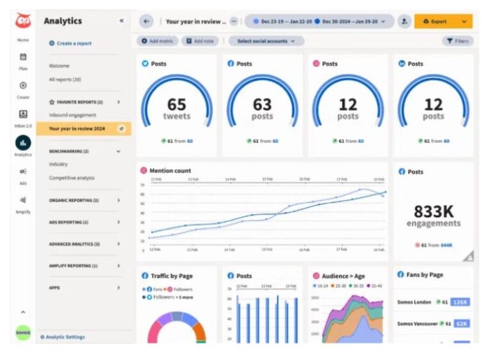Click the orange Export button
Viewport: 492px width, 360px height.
pyautogui.click(x=443, y=21)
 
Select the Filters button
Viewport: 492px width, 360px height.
pyautogui.click(x=457, y=41)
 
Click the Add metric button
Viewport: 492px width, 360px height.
pyautogui.click(x=157, y=41)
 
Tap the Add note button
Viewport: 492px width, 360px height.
pyautogui.click(x=200, y=41)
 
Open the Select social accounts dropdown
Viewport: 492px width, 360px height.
pyautogui.click(x=266, y=41)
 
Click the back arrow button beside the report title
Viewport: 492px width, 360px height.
pyautogui.click(x=146, y=21)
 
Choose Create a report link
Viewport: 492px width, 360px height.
pyautogui.click(x=74, y=44)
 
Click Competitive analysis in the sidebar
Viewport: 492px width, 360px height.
pyautogui.click(x=72, y=177)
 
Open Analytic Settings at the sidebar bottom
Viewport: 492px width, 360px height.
pyautogui.click(x=65, y=337)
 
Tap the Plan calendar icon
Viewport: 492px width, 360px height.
pyautogui.click(x=23, y=57)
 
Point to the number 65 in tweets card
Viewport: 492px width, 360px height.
pyautogui.click(x=176, y=104)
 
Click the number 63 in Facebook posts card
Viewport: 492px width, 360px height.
pyautogui.click(x=261, y=104)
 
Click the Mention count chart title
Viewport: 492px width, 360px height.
pyautogui.click(x=170, y=171)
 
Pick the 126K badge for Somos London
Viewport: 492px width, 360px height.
pyautogui.click(x=460, y=302)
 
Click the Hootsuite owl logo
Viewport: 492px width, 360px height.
pyautogui.click(x=23, y=20)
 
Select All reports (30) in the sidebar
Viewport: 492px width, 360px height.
pyautogui.click(x=65, y=79)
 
